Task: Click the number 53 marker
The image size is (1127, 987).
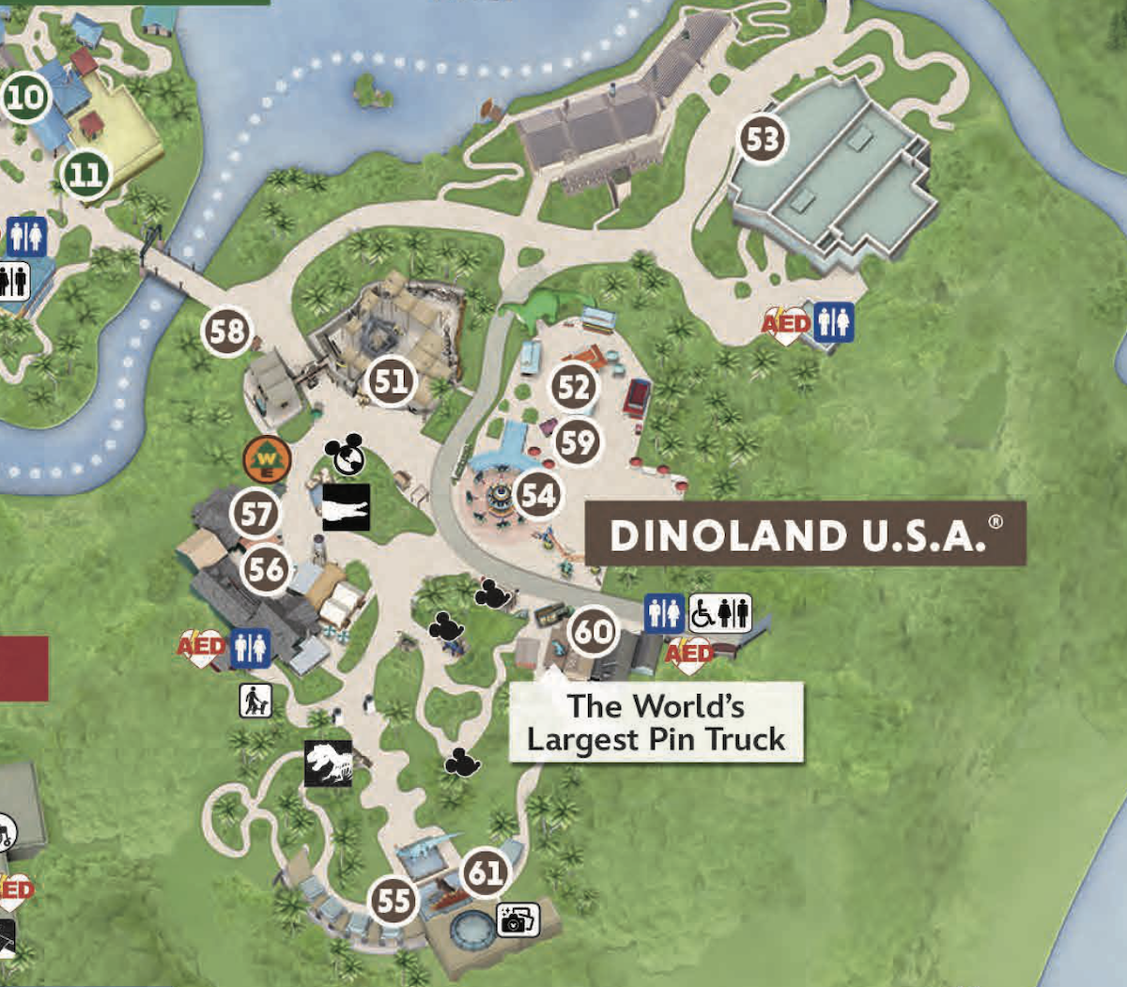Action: coord(762,140)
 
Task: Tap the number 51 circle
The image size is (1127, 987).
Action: coord(391,381)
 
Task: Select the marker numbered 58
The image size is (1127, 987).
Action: coord(227,332)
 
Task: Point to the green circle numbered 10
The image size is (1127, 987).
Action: coord(26,97)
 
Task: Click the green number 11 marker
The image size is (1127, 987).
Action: coord(85,174)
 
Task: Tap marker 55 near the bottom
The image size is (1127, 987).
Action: coord(394,901)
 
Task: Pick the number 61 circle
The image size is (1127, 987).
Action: coord(486,873)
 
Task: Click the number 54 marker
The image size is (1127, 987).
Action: coord(538,495)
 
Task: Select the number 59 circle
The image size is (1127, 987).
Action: coord(578,441)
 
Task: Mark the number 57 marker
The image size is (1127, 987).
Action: coord(256,514)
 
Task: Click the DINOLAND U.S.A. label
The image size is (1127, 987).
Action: coord(806,534)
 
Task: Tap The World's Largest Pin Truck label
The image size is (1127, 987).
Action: coord(656,722)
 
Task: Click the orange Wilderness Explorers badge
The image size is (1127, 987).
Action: coord(267,460)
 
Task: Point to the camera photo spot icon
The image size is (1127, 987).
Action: coord(517,919)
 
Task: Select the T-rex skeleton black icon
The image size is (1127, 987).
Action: coord(328,763)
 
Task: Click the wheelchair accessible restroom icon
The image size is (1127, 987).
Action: coord(720,613)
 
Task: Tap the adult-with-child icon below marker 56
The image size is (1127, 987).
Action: coord(255,700)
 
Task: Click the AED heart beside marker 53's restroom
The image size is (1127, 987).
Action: coord(785,325)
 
